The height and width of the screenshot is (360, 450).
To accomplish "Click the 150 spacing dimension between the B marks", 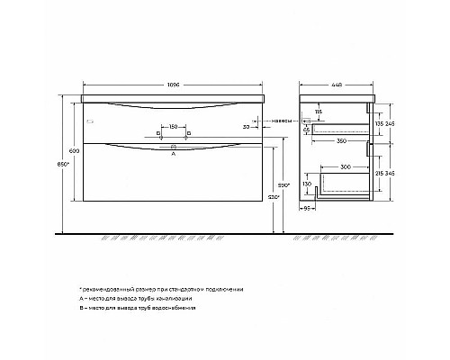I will coord(173,127).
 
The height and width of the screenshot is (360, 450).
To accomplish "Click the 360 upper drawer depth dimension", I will coord(342,139).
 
